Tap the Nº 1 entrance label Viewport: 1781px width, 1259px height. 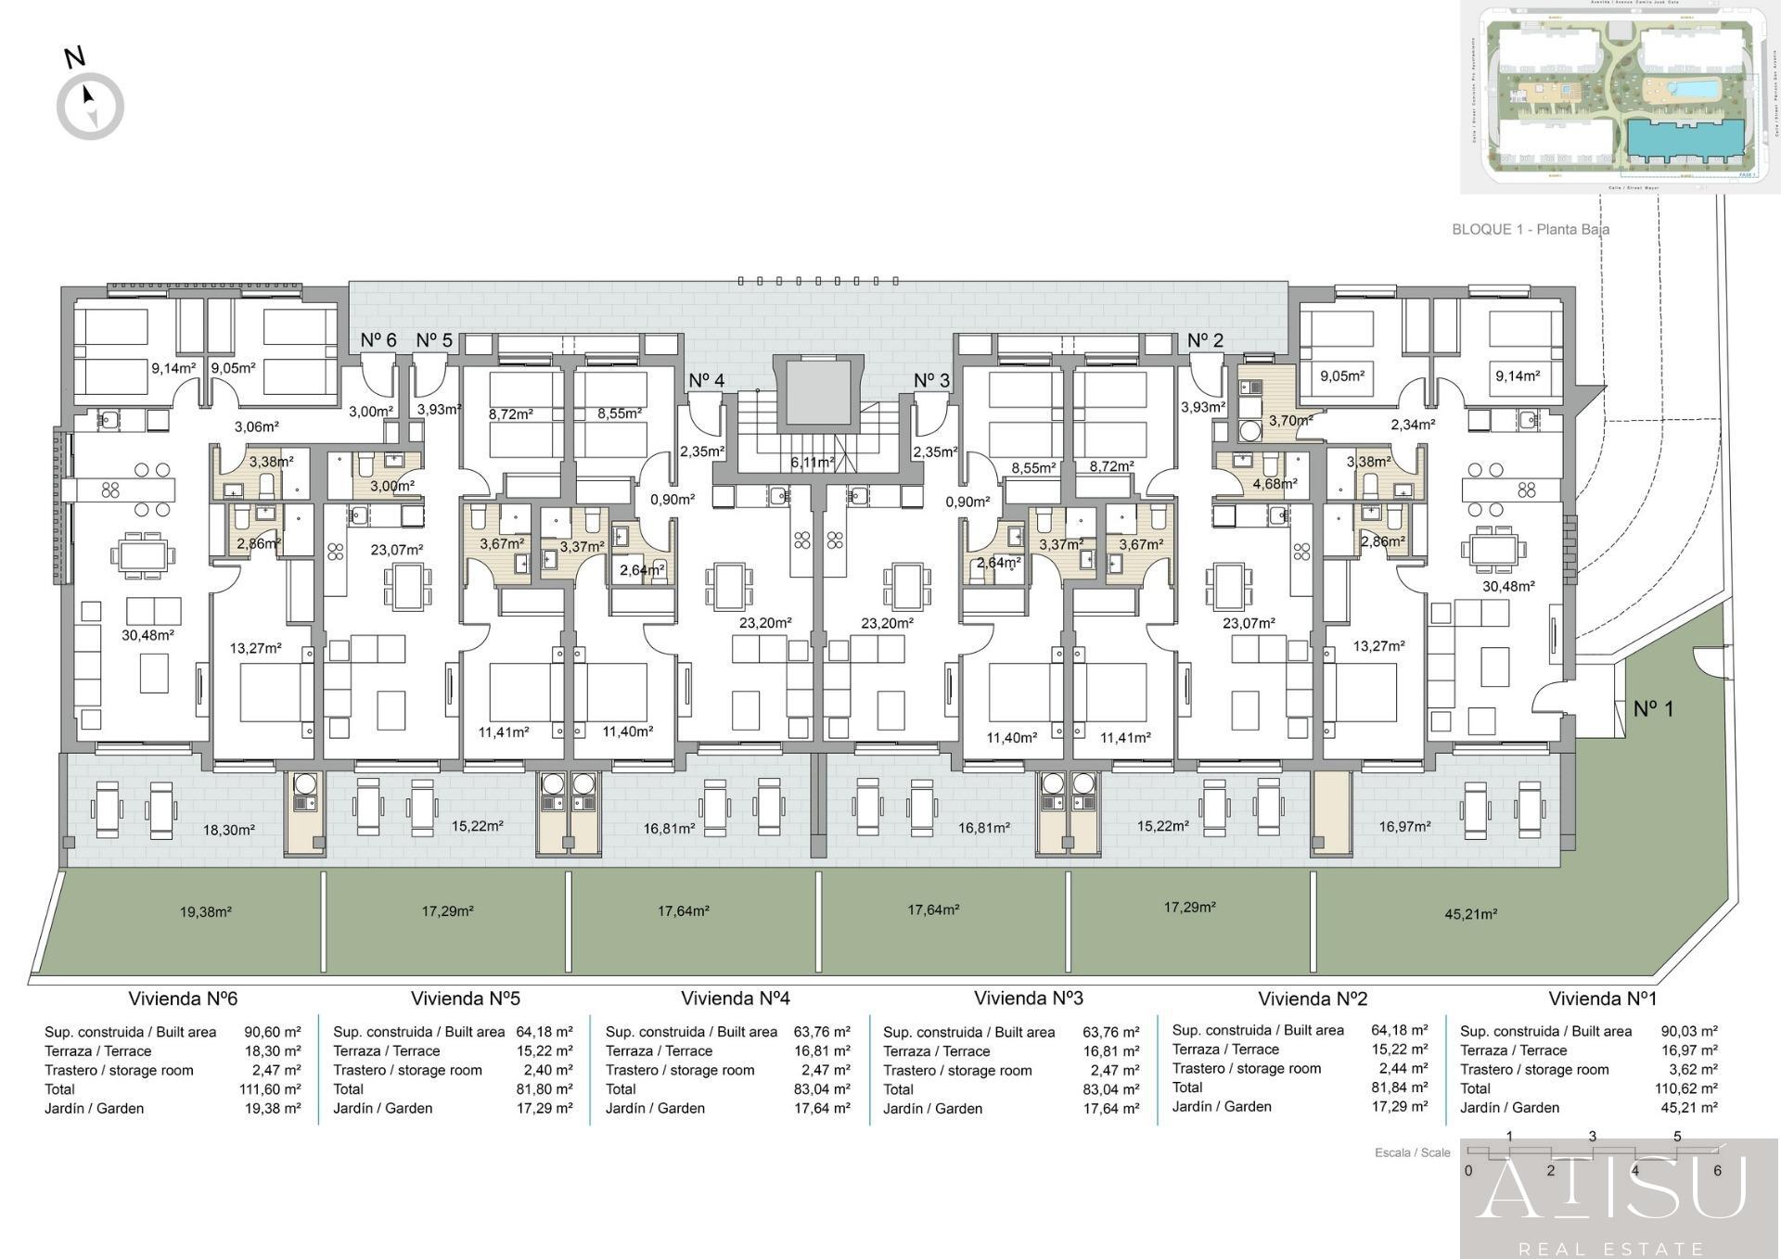(1653, 709)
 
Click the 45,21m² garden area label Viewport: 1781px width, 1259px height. (1470, 914)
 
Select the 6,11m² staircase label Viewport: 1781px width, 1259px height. (812, 462)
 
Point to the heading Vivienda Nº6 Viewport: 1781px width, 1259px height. (183, 998)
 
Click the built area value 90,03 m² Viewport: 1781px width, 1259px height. (1688, 1031)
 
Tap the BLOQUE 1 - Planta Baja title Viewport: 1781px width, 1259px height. (1530, 229)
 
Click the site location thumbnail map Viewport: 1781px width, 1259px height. (1620, 96)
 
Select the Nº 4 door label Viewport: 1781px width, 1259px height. (706, 380)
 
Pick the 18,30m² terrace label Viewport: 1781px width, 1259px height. (228, 830)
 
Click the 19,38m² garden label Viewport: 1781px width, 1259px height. (205, 912)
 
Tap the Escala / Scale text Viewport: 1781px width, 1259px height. (1412, 1152)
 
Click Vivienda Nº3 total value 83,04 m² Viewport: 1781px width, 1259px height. (1110, 1089)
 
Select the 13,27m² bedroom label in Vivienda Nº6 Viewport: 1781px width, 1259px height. (255, 648)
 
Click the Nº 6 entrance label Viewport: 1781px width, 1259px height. (378, 340)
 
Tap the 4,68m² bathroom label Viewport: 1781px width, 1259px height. (1275, 483)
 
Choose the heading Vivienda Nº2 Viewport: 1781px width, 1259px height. (1313, 998)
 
